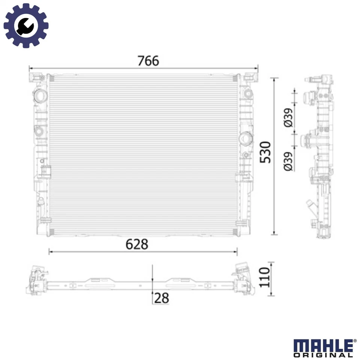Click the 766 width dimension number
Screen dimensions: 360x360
(148, 61)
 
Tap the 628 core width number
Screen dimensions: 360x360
(137, 244)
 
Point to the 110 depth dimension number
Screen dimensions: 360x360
(265, 277)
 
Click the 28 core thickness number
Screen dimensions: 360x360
(162, 298)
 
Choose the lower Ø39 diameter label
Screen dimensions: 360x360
(288, 162)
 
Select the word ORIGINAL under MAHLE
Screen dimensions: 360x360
(323, 355)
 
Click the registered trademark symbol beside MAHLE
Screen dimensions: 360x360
(355, 341)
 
